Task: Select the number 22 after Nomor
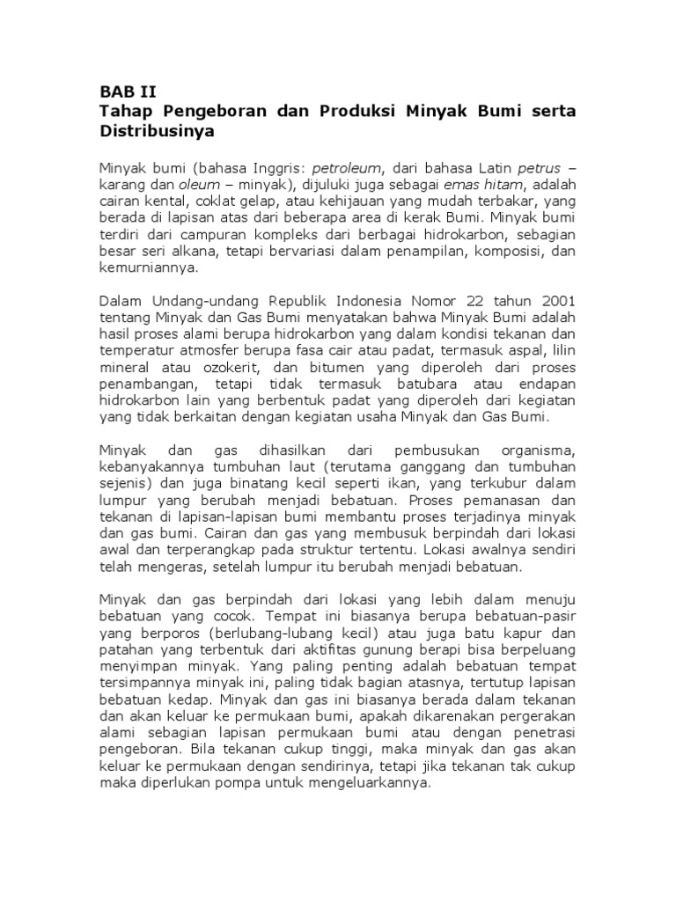pos(458,301)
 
